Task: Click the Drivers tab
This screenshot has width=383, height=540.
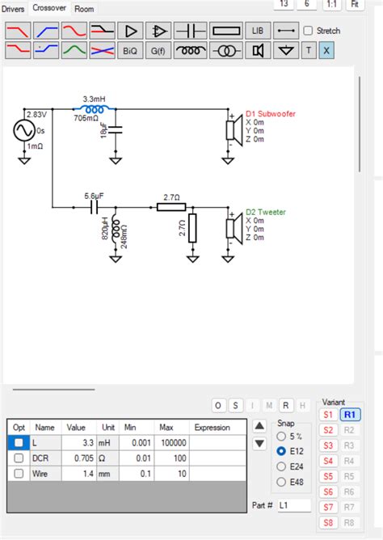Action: pos(14,9)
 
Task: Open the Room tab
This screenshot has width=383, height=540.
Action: pos(84,9)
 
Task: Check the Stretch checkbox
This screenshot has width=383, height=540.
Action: pos(309,31)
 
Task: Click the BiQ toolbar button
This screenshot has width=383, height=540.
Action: pos(130,50)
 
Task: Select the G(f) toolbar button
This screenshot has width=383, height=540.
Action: pos(160,50)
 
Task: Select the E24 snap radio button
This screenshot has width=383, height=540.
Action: pos(281,466)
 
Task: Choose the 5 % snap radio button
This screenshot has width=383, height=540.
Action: pos(281,437)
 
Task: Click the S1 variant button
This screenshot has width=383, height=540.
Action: pos(328,415)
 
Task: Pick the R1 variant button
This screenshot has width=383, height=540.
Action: pos(350,415)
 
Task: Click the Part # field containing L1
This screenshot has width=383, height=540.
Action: pos(293,505)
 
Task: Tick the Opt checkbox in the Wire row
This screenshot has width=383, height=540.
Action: pos(19,474)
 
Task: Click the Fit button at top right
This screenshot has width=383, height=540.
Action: pos(354,4)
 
